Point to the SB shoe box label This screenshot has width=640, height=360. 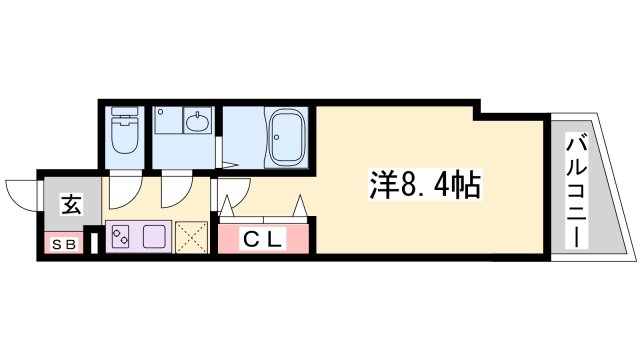(62, 241)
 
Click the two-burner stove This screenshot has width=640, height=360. (122, 238)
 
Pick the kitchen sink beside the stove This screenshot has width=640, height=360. (154, 238)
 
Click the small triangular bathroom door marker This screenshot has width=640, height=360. (230, 162)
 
